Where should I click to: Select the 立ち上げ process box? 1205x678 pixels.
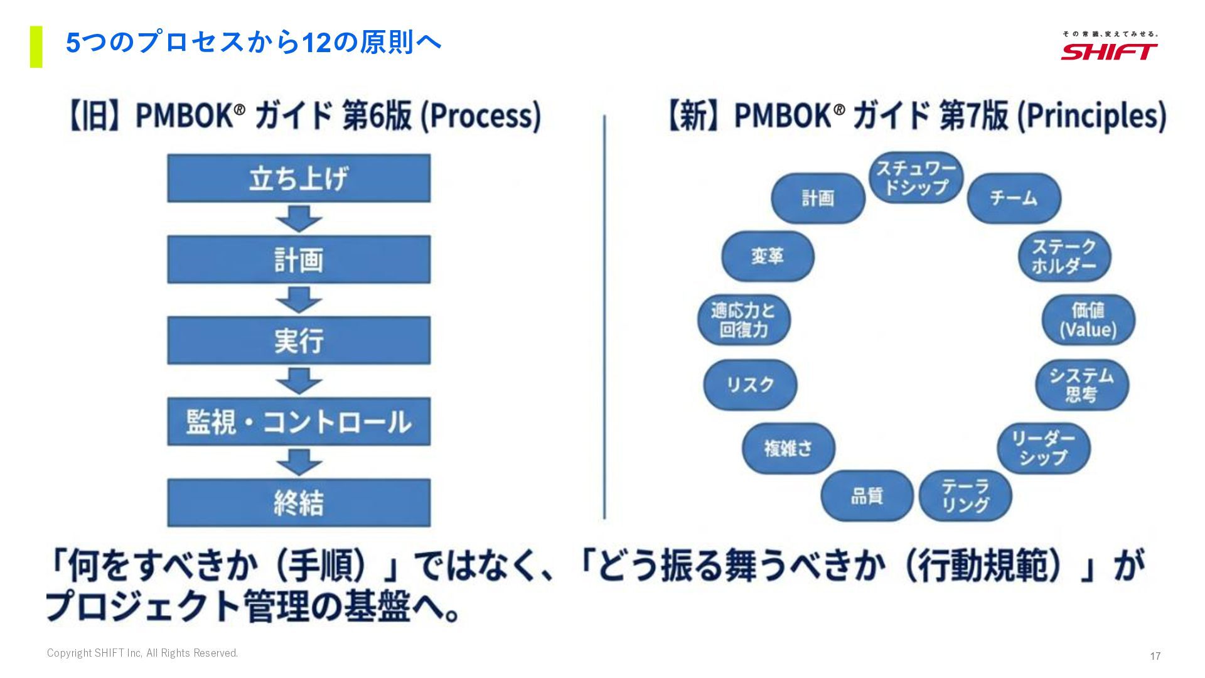(x=299, y=178)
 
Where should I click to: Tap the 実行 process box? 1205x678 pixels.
(x=299, y=340)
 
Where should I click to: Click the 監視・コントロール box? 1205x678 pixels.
(x=299, y=421)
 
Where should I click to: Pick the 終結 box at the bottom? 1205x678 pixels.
(x=299, y=503)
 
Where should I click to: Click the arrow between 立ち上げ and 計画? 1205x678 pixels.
(x=299, y=218)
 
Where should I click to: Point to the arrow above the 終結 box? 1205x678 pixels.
(x=299, y=462)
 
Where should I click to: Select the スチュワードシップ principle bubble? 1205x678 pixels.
(x=916, y=178)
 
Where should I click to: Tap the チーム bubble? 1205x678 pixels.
(x=1014, y=198)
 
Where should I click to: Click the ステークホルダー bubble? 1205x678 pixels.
(x=1064, y=256)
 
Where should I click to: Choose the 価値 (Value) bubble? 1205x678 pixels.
(x=1088, y=320)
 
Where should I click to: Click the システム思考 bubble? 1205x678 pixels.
(x=1081, y=385)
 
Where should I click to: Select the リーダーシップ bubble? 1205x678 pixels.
(x=1043, y=448)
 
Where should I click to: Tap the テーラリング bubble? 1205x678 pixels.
(x=965, y=496)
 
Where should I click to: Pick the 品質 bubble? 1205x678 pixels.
(x=867, y=496)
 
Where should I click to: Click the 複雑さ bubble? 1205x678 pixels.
(x=788, y=448)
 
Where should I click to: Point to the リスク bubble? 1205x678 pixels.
(x=750, y=385)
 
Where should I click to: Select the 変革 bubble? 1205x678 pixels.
(x=768, y=256)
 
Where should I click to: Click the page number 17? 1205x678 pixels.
(x=1155, y=656)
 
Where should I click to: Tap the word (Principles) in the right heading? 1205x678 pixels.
(x=1091, y=116)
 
